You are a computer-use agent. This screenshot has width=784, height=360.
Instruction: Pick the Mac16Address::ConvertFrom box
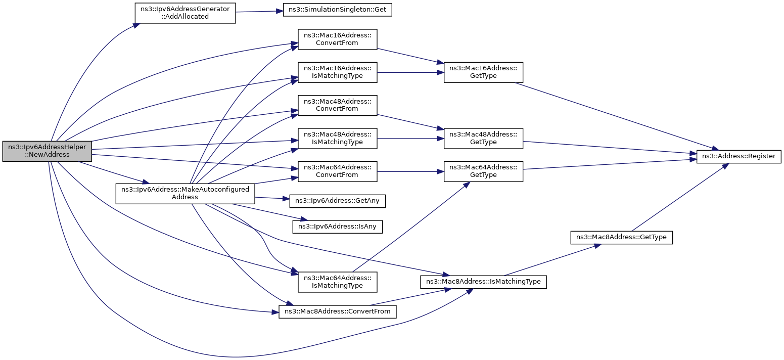tap(337, 39)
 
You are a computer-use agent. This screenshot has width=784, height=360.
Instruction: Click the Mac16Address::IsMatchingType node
tap(337, 72)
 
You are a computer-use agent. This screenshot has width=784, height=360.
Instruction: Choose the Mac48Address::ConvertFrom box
tap(337, 105)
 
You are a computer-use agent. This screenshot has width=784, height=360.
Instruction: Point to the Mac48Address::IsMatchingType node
tap(337, 138)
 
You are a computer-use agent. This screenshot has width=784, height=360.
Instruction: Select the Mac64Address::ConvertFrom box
tap(337, 171)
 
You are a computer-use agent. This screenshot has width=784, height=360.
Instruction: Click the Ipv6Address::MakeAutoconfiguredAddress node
tap(185, 194)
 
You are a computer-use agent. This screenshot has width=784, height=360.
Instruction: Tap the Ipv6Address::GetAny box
tap(337, 201)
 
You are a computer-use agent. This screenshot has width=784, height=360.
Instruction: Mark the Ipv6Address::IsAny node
tap(337, 226)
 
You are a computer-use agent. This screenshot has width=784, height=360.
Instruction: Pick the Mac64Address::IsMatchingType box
tap(337, 282)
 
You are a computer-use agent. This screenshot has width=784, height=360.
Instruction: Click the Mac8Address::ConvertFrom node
tap(337, 311)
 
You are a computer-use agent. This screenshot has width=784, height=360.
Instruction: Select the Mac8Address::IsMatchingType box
tap(483, 281)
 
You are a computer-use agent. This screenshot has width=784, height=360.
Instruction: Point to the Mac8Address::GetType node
tap(622, 237)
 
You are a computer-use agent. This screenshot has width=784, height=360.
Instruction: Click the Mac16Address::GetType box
tap(483, 72)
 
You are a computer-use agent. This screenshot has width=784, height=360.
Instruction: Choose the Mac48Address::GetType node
tap(483, 138)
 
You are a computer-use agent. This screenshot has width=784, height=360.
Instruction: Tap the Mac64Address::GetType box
tap(483, 171)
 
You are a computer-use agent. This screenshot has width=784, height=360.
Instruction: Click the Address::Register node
tap(739, 156)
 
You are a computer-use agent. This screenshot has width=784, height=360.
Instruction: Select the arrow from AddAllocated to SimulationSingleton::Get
tap(259, 11)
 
